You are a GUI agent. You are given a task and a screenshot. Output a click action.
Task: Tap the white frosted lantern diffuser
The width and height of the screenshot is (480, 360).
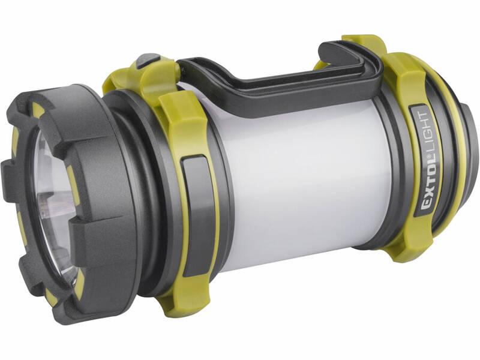point(300,180)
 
